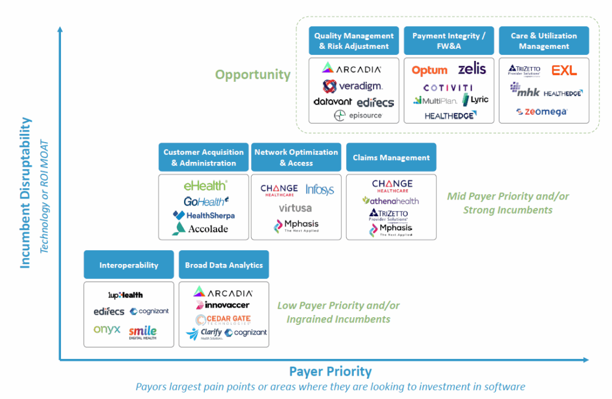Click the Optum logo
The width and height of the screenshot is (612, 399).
429,70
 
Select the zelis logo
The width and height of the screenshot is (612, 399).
472,69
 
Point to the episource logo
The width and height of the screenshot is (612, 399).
358,115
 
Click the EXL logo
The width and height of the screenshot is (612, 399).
564,70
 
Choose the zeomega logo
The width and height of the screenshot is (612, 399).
542,112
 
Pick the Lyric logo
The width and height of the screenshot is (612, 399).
476,100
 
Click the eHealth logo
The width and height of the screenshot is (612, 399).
205,186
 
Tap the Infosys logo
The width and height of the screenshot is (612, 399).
320,190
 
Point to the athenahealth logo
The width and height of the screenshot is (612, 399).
391,201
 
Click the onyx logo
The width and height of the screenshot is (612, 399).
107,330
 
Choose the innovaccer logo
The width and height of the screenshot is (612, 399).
222,305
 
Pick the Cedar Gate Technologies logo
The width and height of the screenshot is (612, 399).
223,320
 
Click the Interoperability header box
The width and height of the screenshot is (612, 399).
128,265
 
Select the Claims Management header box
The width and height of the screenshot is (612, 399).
391,158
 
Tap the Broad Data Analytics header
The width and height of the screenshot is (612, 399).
224,265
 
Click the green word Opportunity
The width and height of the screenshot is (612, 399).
253,75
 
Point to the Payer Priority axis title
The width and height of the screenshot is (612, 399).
330,372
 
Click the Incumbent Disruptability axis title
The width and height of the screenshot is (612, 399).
26,192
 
